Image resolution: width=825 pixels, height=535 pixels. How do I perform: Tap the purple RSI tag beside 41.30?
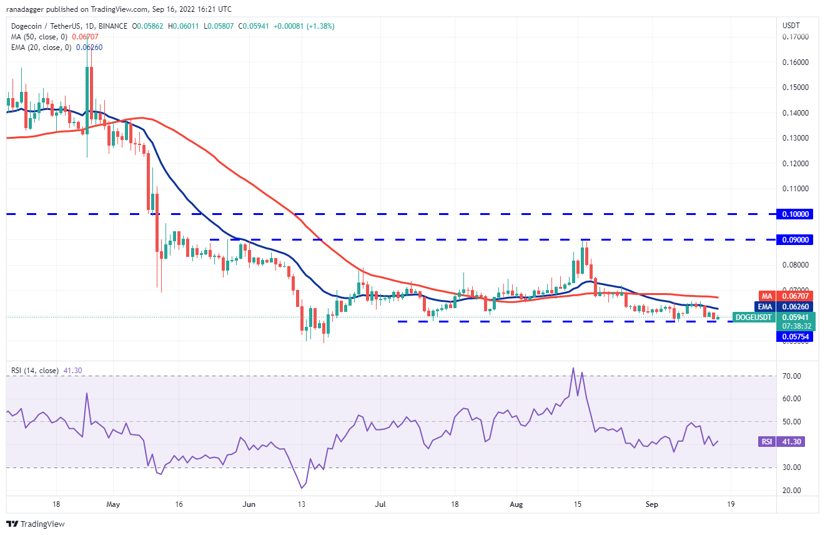point(766,442)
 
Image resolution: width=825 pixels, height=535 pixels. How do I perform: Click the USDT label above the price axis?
point(791,26)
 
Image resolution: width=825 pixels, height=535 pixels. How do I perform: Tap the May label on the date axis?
point(113,504)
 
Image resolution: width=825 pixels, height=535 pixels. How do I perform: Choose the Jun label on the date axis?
point(249,504)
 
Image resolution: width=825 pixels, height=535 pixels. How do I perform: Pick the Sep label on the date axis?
point(651,504)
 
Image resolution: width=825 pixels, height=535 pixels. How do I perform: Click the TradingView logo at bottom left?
point(36,524)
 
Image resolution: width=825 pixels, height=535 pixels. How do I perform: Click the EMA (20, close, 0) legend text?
point(41,47)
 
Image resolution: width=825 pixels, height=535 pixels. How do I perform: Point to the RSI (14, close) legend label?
point(35,371)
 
